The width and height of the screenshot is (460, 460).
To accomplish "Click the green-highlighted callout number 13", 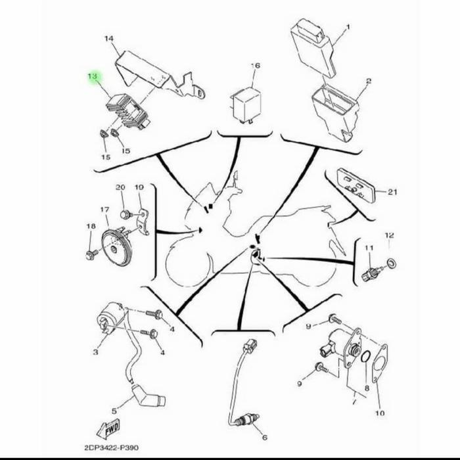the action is [92, 78].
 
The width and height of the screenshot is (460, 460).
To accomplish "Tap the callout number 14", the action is [109, 39].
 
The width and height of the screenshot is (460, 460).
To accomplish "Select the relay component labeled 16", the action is [244, 102].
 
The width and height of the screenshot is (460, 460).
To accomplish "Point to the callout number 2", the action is [369, 81].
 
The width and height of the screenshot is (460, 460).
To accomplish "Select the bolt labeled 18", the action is [91, 253].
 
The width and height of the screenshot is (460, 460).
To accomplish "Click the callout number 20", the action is [120, 188].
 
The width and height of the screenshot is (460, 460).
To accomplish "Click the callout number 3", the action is [95, 353].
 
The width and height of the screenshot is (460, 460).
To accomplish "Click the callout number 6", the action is [264, 437].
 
